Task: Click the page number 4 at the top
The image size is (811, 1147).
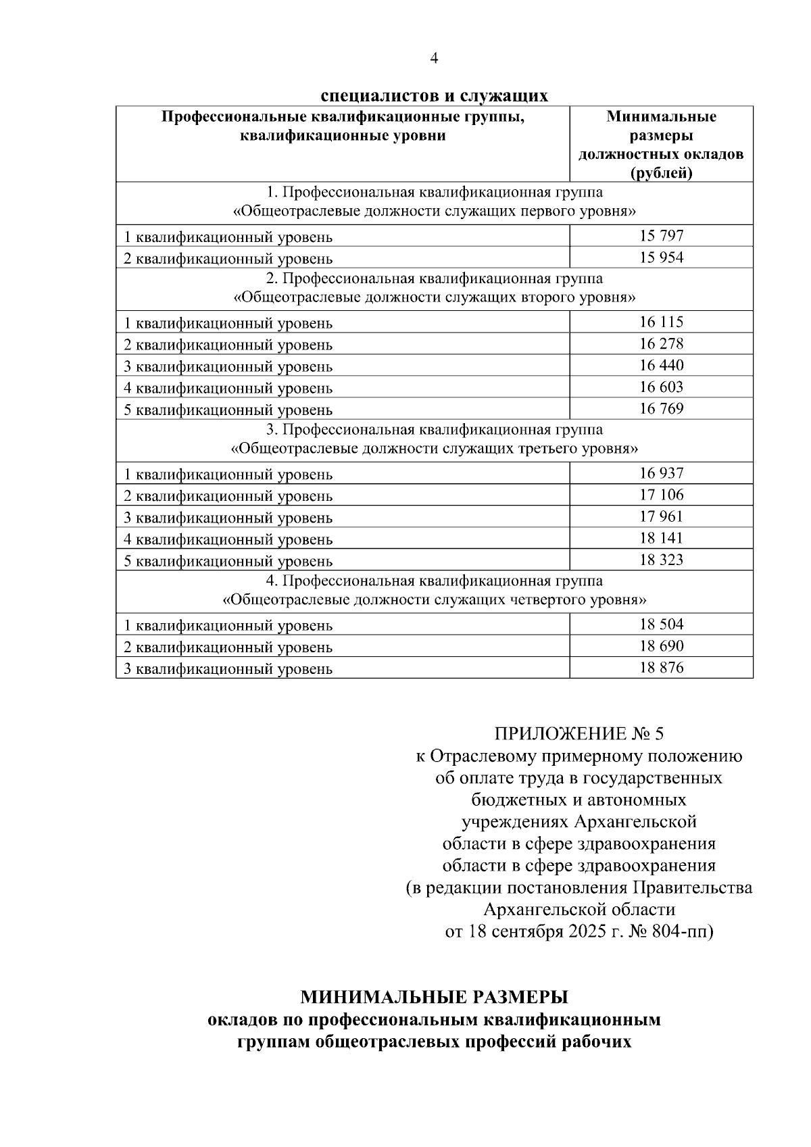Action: [434, 59]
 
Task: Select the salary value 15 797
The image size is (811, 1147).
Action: [661, 236]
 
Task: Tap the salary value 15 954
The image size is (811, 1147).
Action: [661, 258]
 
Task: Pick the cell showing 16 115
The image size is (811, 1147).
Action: [661, 322]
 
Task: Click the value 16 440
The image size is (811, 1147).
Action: [661, 365]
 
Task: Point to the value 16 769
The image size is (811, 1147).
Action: [661, 408]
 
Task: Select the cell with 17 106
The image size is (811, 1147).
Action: [661, 495]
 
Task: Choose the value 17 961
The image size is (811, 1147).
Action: [661, 516]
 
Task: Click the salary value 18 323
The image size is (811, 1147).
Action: [661, 560]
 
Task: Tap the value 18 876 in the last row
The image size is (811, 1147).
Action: [661, 668]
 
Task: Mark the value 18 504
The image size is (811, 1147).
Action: [661, 625]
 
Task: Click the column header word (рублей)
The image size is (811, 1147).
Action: [661, 173]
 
